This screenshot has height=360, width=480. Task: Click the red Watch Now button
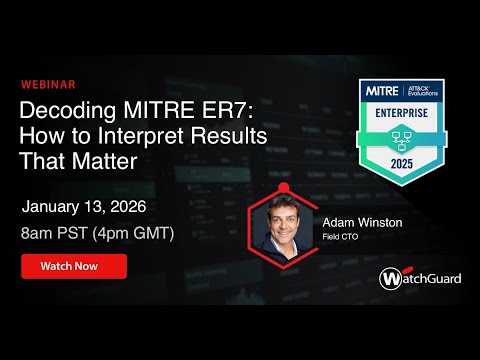pyautogui.click(x=74, y=267)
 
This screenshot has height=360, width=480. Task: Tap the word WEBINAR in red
pyautogui.click(x=47, y=85)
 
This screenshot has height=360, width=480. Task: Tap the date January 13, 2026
pyautogui.click(x=84, y=207)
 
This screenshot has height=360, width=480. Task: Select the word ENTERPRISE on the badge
pyautogui.click(x=405, y=114)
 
